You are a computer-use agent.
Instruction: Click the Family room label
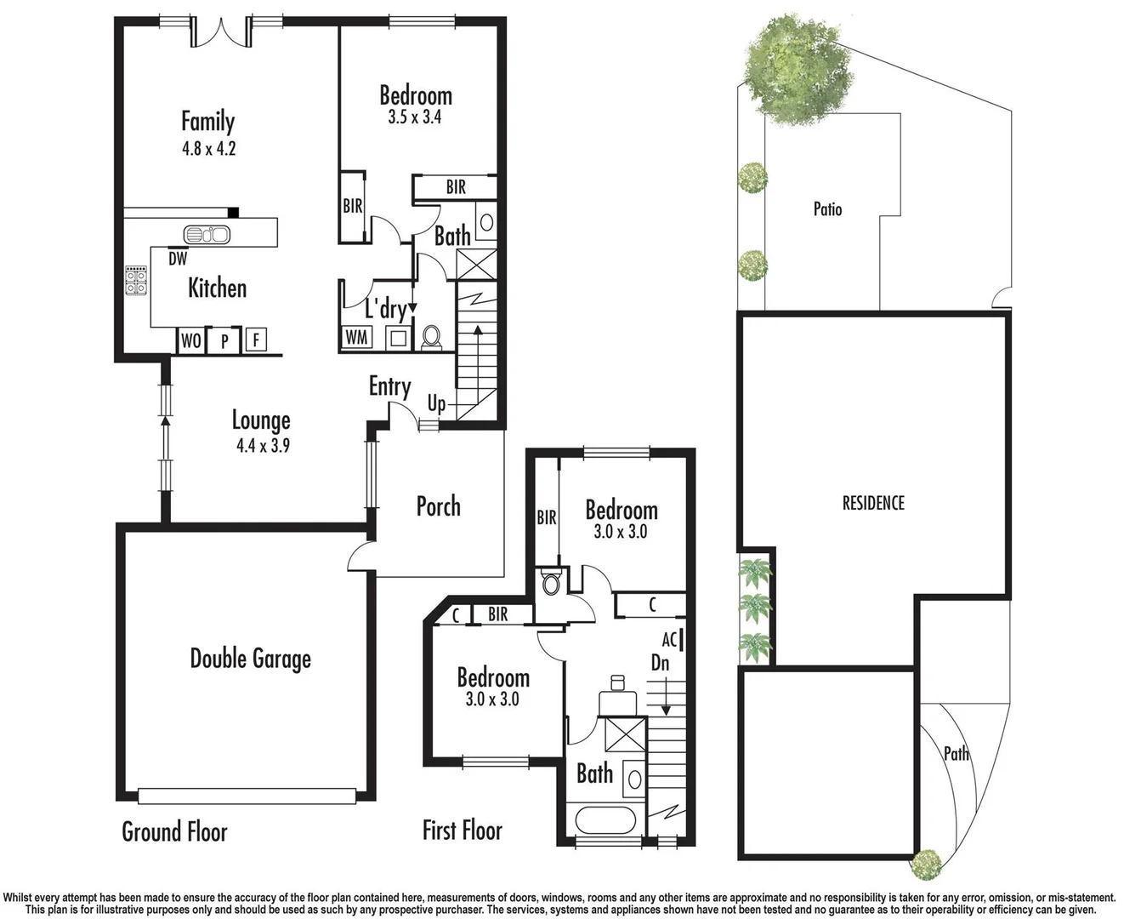(x=207, y=122)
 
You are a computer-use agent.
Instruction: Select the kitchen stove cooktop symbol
(x=136, y=280)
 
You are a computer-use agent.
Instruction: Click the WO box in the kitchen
(x=190, y=340)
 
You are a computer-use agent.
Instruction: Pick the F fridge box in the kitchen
(x=255, y=341)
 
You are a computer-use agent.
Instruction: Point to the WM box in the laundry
(x=356, y=337)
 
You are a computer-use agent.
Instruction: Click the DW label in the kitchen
(x=178, y=259)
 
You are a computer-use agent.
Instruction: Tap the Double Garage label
(x=250, y=659)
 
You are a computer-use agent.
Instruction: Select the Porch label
(x=438, y=506)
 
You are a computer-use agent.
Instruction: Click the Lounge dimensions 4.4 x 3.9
(x=263, y=445)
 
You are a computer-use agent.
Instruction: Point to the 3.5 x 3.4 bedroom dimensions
(x=415, y=117)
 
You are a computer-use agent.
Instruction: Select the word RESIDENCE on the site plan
(x=873, y=503)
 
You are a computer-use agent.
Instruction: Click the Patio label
(x=827, y=208)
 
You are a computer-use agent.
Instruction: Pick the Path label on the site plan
(x=956, y=753)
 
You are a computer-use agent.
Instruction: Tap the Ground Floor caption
(x=174, y=831)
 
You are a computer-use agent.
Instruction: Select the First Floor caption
(x=462, y=831)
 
